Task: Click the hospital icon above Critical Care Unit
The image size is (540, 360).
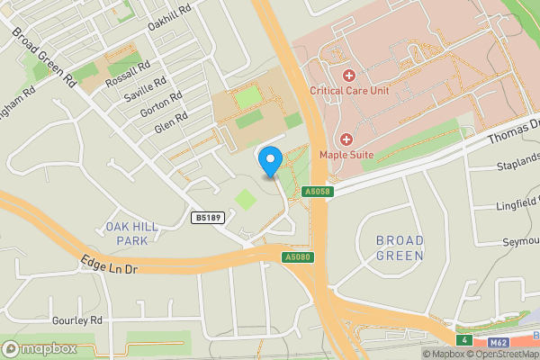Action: coord(349,74)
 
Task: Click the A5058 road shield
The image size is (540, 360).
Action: coord(318,192)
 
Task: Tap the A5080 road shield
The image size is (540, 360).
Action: coord(296,257)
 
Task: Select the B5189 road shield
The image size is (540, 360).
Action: coord(208,217)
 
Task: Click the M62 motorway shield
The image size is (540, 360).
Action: coord(498,341)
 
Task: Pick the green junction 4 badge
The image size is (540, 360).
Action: coord(463,340)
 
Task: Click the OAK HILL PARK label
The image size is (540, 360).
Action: coord(131,233)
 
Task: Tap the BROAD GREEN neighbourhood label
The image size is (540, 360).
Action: coord(400,247)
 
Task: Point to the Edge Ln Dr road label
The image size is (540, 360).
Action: coord(109,265)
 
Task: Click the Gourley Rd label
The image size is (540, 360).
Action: coord(77,320)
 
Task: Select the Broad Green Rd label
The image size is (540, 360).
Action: coord(42,56)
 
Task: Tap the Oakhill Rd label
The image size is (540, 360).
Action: coord(171,18)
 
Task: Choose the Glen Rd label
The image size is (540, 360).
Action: coord(170,122)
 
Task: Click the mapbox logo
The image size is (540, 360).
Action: coord(39,348)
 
